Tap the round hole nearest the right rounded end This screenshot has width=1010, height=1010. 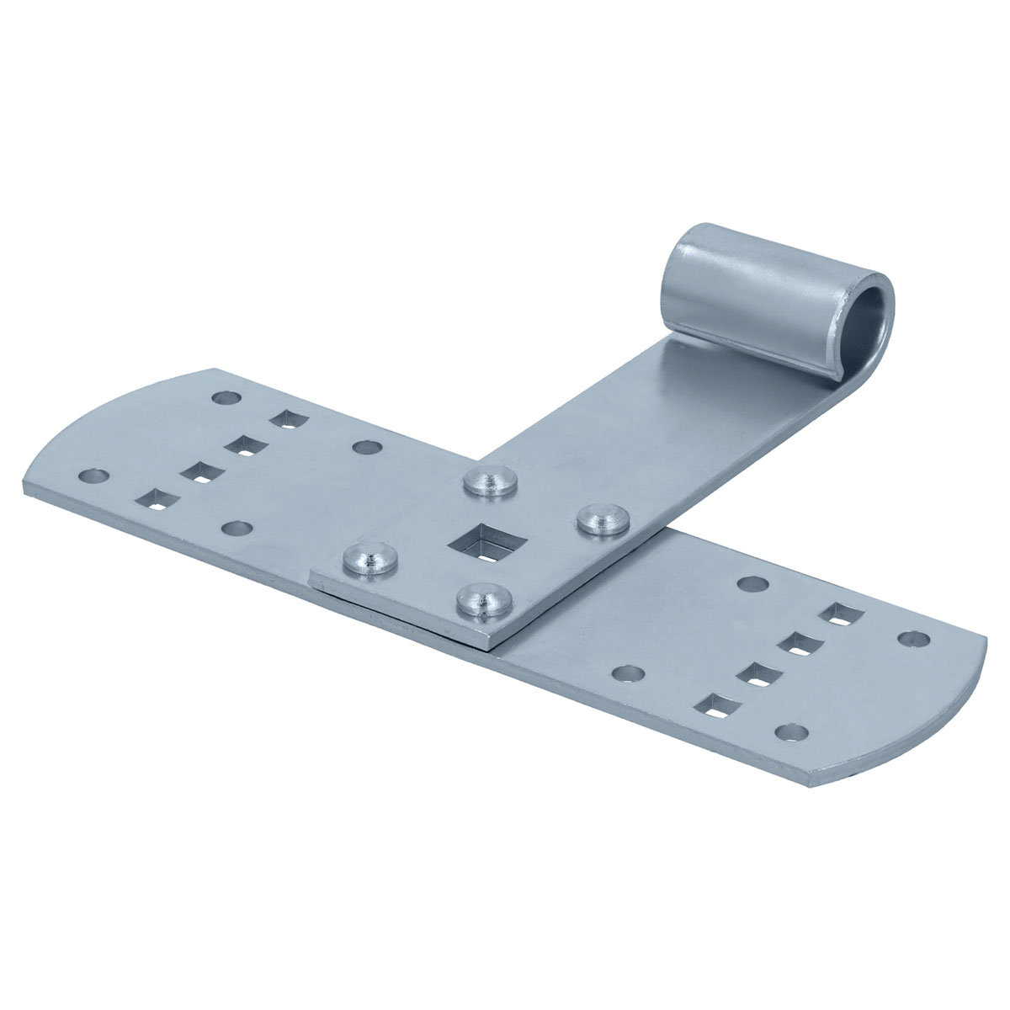[909, 640]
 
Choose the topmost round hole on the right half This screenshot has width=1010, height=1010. [752, 583]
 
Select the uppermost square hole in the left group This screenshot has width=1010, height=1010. [287, 418]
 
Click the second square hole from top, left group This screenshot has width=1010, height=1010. [243, 445]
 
